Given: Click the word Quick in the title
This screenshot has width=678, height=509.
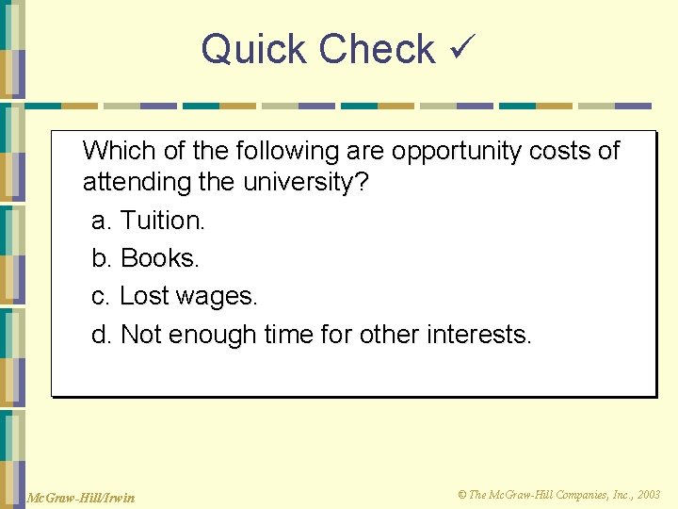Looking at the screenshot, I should (x=254, y=49).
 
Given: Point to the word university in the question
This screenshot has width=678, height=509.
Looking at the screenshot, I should (x=298, y=182).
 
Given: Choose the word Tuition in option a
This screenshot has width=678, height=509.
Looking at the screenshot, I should (x=162, y=221).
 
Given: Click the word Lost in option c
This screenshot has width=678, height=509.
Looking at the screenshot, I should (x=144, y=296).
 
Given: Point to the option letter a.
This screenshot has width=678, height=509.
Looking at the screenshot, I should (x=103, y=221).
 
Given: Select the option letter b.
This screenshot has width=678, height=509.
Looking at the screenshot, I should (x=103, y=258).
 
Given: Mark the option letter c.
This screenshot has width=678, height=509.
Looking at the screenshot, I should (x=102, y=297).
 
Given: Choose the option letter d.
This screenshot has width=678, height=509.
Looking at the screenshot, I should (x=103, y=334).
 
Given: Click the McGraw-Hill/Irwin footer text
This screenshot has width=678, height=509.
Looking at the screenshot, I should (x=81, y=497).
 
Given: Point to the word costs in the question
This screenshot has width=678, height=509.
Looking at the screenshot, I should (x=580, y=151).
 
